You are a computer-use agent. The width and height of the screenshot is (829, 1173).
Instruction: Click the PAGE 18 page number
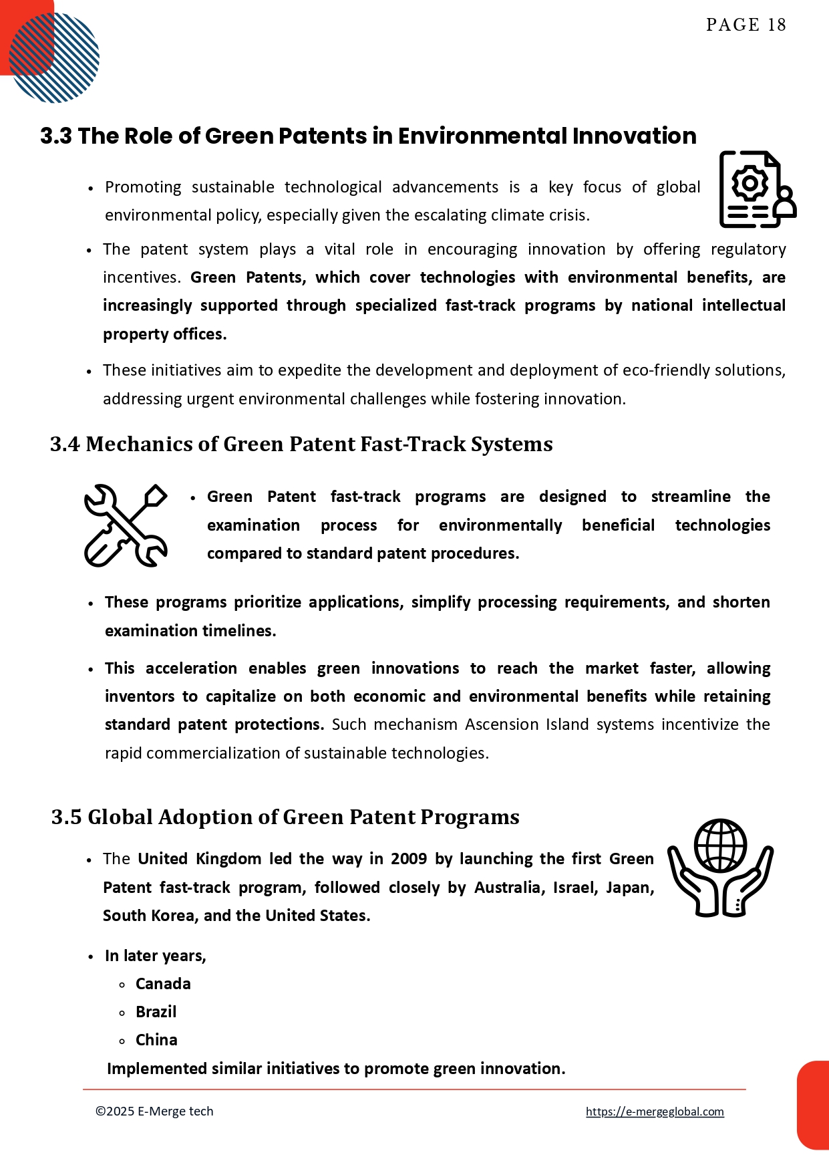click(745, 25)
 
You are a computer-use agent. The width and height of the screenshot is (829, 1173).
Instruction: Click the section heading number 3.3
click(55, 136)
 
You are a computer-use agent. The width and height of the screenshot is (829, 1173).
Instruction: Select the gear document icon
click(757, 189)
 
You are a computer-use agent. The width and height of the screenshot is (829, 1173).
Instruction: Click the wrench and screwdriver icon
click(126, 525)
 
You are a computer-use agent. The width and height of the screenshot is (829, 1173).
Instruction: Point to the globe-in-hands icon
click(720, 868)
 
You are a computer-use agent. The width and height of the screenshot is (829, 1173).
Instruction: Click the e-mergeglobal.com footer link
click(655, 1112)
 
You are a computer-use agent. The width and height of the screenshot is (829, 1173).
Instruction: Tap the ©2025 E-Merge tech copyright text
click(154, 1112)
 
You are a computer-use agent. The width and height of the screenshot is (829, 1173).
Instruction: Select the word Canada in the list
click(163, 984)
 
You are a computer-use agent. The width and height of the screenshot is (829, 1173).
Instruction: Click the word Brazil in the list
click(156, 1012)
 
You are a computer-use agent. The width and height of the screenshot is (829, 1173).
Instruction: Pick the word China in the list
click(156, 1040)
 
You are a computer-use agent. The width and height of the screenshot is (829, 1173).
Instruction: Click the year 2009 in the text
click(408, 859)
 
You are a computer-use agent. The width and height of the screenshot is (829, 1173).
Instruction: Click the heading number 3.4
click(65, 444)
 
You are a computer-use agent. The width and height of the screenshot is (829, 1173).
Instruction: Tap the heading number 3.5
click(66, 817)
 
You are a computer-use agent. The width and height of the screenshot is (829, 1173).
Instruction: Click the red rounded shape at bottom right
click(814, 1104)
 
